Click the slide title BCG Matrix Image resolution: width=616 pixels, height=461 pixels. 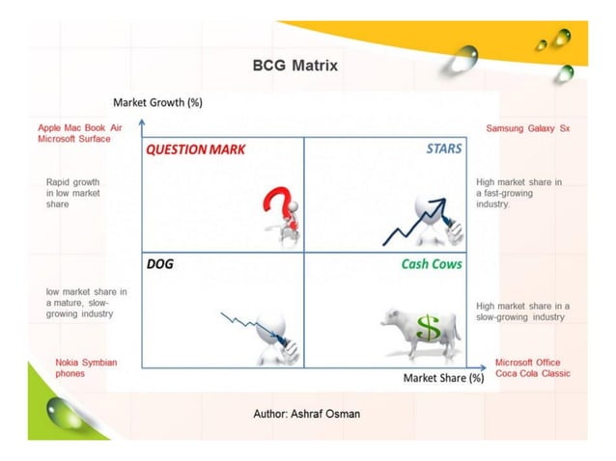click(294, 67)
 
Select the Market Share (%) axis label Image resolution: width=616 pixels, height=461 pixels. click(443, 377)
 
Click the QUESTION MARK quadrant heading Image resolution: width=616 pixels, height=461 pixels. click(195, 149)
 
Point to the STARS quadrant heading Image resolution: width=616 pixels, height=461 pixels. click(443, 149)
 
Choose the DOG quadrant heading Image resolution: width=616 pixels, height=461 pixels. click(160, 263)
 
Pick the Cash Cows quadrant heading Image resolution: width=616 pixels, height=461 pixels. click(432, 263)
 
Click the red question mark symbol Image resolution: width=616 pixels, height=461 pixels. click(277, 206)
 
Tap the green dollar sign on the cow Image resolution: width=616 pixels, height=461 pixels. click(427, 329)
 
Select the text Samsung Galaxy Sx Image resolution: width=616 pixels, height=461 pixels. click(527, 128)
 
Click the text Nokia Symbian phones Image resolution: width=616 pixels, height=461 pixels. click(86, 367)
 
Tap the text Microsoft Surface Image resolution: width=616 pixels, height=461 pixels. click(73, 139)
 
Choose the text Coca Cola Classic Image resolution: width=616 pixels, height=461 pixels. click(532, 373)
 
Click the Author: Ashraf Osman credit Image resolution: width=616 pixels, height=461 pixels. click(308, 413)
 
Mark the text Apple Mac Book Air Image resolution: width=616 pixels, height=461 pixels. click(79, 127)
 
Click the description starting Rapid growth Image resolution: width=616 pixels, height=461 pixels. click(73, 193)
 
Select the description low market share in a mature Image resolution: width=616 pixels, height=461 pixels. click(86, 302)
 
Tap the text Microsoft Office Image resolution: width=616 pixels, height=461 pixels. click(528, 362)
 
